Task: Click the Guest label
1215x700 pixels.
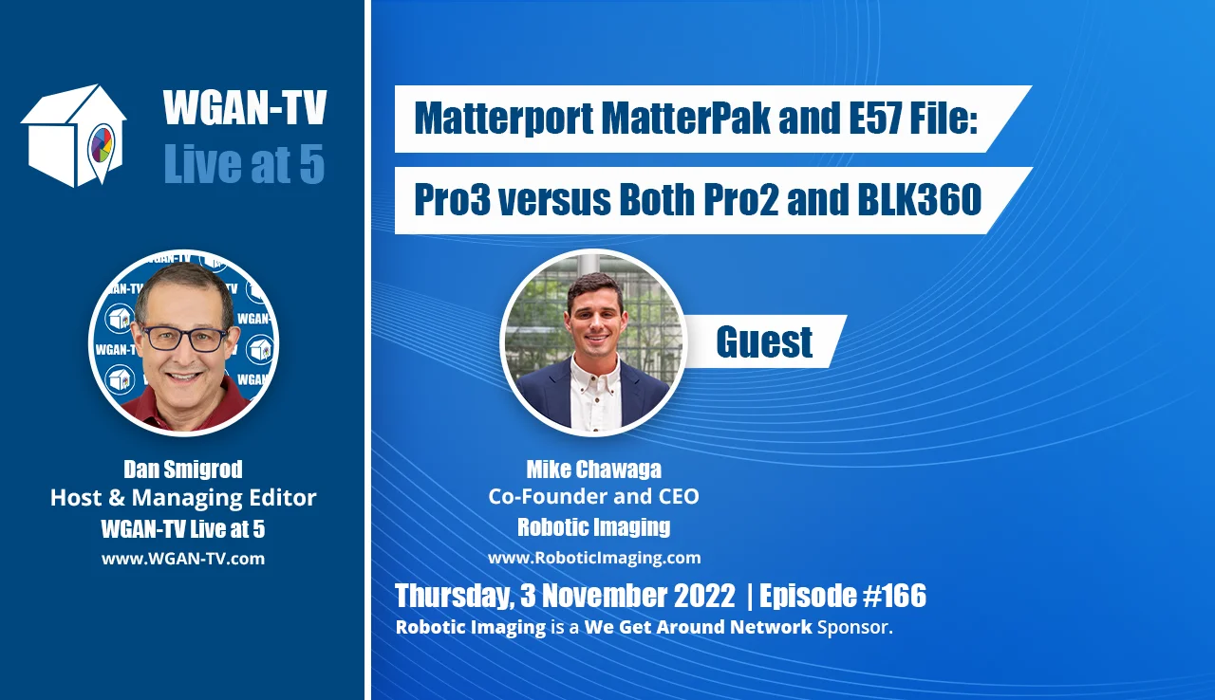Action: click(764, 341)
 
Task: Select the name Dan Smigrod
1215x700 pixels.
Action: click(183, 470)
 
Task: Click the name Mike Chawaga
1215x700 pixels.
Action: click(594, 470)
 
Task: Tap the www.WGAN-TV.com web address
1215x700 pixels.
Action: click(183, 559)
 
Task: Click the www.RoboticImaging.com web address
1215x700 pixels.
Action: click(594, 558)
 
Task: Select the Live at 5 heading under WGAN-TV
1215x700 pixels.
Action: click(244, 163)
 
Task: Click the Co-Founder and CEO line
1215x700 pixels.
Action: click(594, 496)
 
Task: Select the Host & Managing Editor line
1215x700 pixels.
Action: click(183, 497)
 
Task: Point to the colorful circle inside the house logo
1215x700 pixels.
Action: click(101, 144)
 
